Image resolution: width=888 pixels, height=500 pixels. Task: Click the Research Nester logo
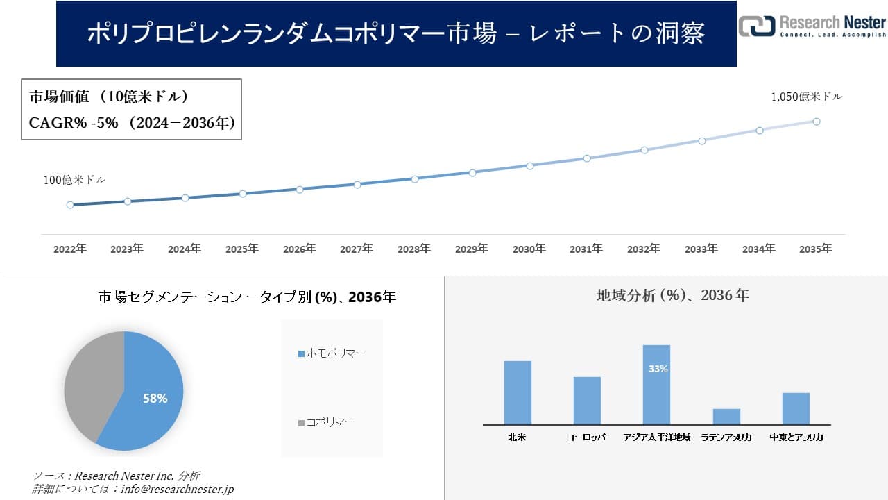(812, 26)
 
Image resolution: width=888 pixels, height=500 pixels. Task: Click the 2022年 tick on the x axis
(70, 249)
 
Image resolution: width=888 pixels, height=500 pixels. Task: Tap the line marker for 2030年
(530, 166)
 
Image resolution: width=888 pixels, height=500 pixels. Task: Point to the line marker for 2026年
(300, 189)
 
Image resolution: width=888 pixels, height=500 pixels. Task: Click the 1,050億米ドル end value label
(806, 97)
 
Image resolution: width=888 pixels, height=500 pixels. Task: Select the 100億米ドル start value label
(74, 180)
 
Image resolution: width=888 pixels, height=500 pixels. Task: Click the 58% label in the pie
(155, 399)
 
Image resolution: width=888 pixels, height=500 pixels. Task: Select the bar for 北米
(518, 392)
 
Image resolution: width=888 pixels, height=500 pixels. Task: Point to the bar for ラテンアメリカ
(726, 417)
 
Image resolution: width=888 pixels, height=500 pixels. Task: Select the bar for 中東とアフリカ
(796, 408)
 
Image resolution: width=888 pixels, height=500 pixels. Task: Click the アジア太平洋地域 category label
(656, 437)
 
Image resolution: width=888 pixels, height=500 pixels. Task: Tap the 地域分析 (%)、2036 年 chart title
(672, 295)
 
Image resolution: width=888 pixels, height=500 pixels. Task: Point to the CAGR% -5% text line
(132, 123)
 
